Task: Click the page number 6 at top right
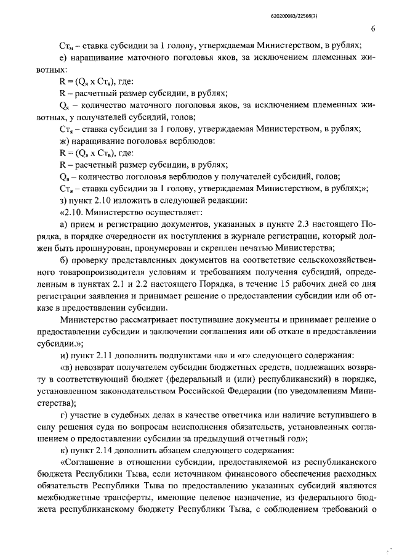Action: coord(373,28)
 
